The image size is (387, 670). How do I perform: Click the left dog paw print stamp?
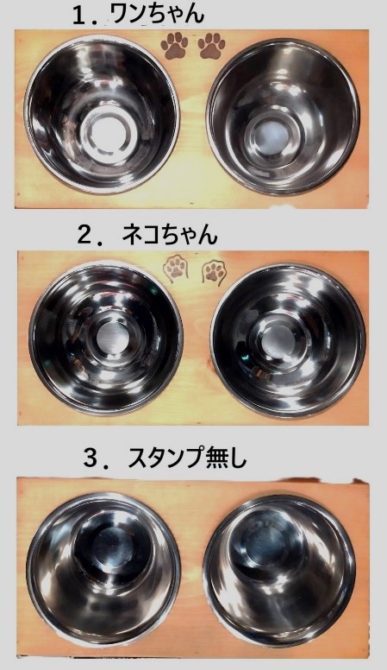click(173, 46)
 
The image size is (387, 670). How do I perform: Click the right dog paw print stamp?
click(212, 46)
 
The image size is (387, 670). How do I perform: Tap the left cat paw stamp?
click(175, 268)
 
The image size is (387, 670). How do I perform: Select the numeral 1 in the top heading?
click(79, 16)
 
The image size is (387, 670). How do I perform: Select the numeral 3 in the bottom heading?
click(91, 458)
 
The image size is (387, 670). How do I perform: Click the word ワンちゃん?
click(157, 15)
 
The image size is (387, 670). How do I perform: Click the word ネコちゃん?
click(170, 235)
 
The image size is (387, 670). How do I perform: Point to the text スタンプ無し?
click(187, 458)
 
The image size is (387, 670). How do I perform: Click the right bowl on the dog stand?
click(283, 117)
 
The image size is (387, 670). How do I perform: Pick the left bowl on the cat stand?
click(106, 338)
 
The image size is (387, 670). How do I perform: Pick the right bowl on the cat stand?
click(288, 341)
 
